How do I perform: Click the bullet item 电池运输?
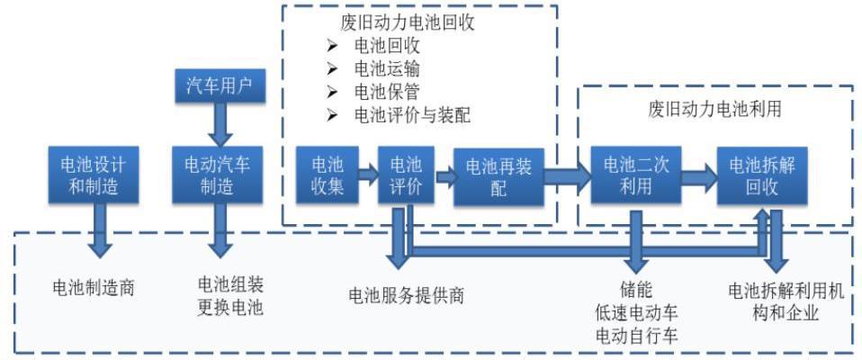click(x=386, y=68)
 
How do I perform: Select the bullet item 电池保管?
click(x=386, y=92)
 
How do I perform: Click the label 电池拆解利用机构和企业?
click(x=779, y=301)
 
